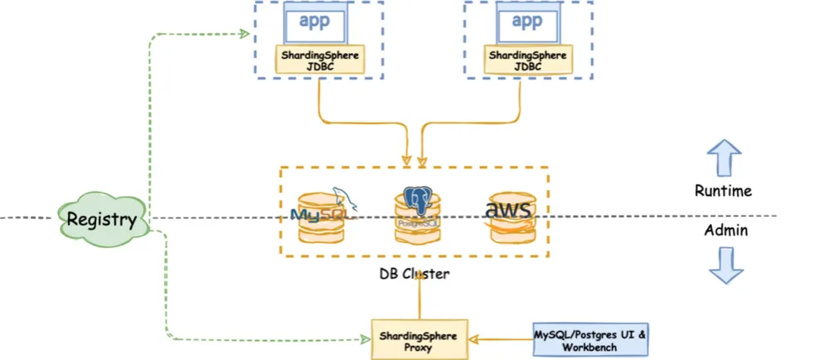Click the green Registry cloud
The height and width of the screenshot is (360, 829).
tap(100, 220)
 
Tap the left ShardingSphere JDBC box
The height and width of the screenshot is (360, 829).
tap(319, 61)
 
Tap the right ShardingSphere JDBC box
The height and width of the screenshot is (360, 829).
tap(529, 61)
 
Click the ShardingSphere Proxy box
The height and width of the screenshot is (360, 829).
tap(419, 339)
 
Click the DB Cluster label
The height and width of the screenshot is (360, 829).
tap(414, 275)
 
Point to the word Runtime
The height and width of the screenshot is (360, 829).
tap(723, 191)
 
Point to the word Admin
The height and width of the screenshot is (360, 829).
tap(723, 231)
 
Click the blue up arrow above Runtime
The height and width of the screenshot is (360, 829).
tap(722, 158)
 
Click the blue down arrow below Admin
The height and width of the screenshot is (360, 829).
tap(722, 265)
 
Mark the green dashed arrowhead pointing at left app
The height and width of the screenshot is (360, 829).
tap(245, 33)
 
